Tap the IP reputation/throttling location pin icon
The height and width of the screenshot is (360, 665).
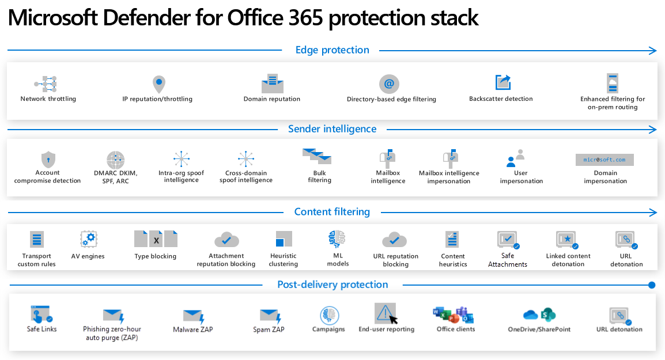click(158, 84)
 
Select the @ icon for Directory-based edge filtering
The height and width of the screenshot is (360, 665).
click(389, 84)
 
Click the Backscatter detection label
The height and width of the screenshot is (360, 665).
click(501, 99)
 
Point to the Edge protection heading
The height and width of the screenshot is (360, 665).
click(332, 50)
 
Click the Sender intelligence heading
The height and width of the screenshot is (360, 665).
click(332, 129)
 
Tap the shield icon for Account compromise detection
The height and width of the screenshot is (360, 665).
click(47, 160)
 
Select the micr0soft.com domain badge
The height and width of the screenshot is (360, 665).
click(604, 160)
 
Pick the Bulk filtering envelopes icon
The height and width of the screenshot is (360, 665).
click(316, 156)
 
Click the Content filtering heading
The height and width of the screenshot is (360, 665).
click(332, 212)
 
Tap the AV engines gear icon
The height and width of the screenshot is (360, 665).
click(88, 238)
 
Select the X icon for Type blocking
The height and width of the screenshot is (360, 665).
click(156, 239)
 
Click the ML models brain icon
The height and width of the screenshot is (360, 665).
click(337, 239)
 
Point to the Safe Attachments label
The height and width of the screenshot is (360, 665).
click(508, 260)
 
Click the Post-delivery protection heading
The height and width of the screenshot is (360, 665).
click(332, 285)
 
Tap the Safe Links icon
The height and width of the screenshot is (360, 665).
click(40, 314)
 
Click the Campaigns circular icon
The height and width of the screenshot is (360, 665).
click(329, 315)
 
